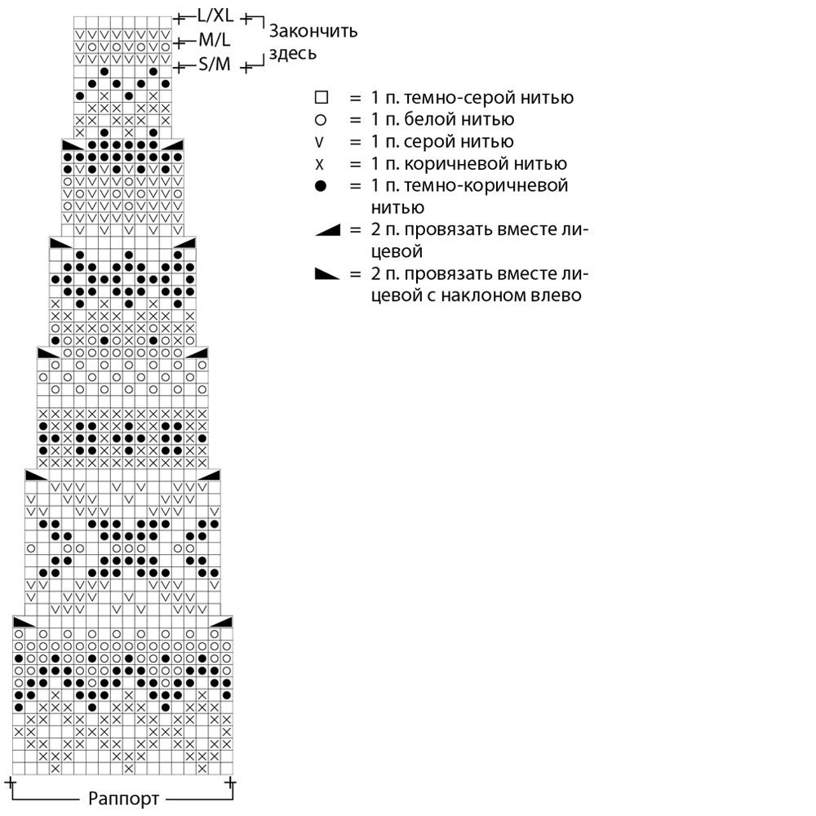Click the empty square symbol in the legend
tap(321, 98)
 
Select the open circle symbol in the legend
tap(321, 120)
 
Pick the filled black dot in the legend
tap(321, 186)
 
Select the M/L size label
tap(215, 40)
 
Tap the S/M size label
tap(215, 65)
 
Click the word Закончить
tap(313, 32)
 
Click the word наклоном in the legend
tap(481, 295)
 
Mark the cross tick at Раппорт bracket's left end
tap(11, 784)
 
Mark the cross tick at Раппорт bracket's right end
tap(231, 784)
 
